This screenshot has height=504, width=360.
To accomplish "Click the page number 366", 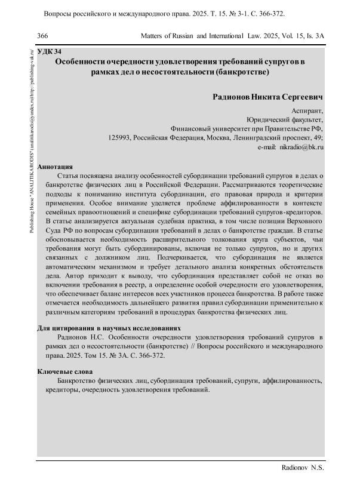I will [x=42, y=36].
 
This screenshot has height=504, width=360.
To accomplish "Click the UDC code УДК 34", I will [x=50, y=53].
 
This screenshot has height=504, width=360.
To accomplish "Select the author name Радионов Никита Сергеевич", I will [x=268, y=97].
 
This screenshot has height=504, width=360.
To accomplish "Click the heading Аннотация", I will [x=55, y=167].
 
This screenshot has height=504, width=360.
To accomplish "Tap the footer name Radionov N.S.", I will [x=303, y=469].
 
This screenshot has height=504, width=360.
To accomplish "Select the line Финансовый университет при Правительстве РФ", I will [x=247, y=128].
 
